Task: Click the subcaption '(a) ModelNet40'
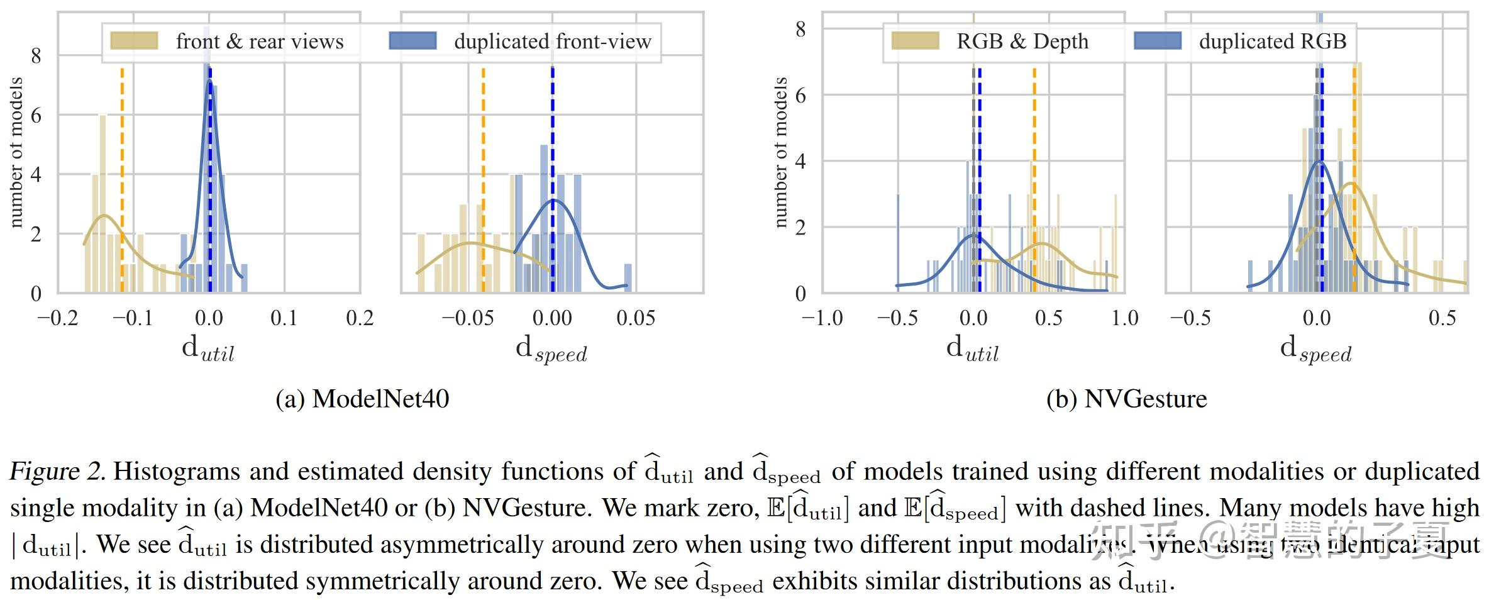(x=362, y=399)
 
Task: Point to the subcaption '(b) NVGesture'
(x=1126, y=399)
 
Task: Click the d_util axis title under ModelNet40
(x=208, y=348)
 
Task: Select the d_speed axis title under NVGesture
(x=1315, y=348)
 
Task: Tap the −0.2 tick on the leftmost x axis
(x=58, y=318)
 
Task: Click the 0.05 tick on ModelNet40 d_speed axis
(x=635, y=318)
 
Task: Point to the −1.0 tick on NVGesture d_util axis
(x=822, y=318)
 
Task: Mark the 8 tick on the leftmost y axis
(x=36, y=56)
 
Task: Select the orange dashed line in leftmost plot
(x=122, y=189)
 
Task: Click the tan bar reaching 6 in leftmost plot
(x=102, y=201)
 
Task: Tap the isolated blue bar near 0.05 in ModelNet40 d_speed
(x=628, y=278)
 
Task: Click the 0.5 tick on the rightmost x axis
(x=1441, y=318)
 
